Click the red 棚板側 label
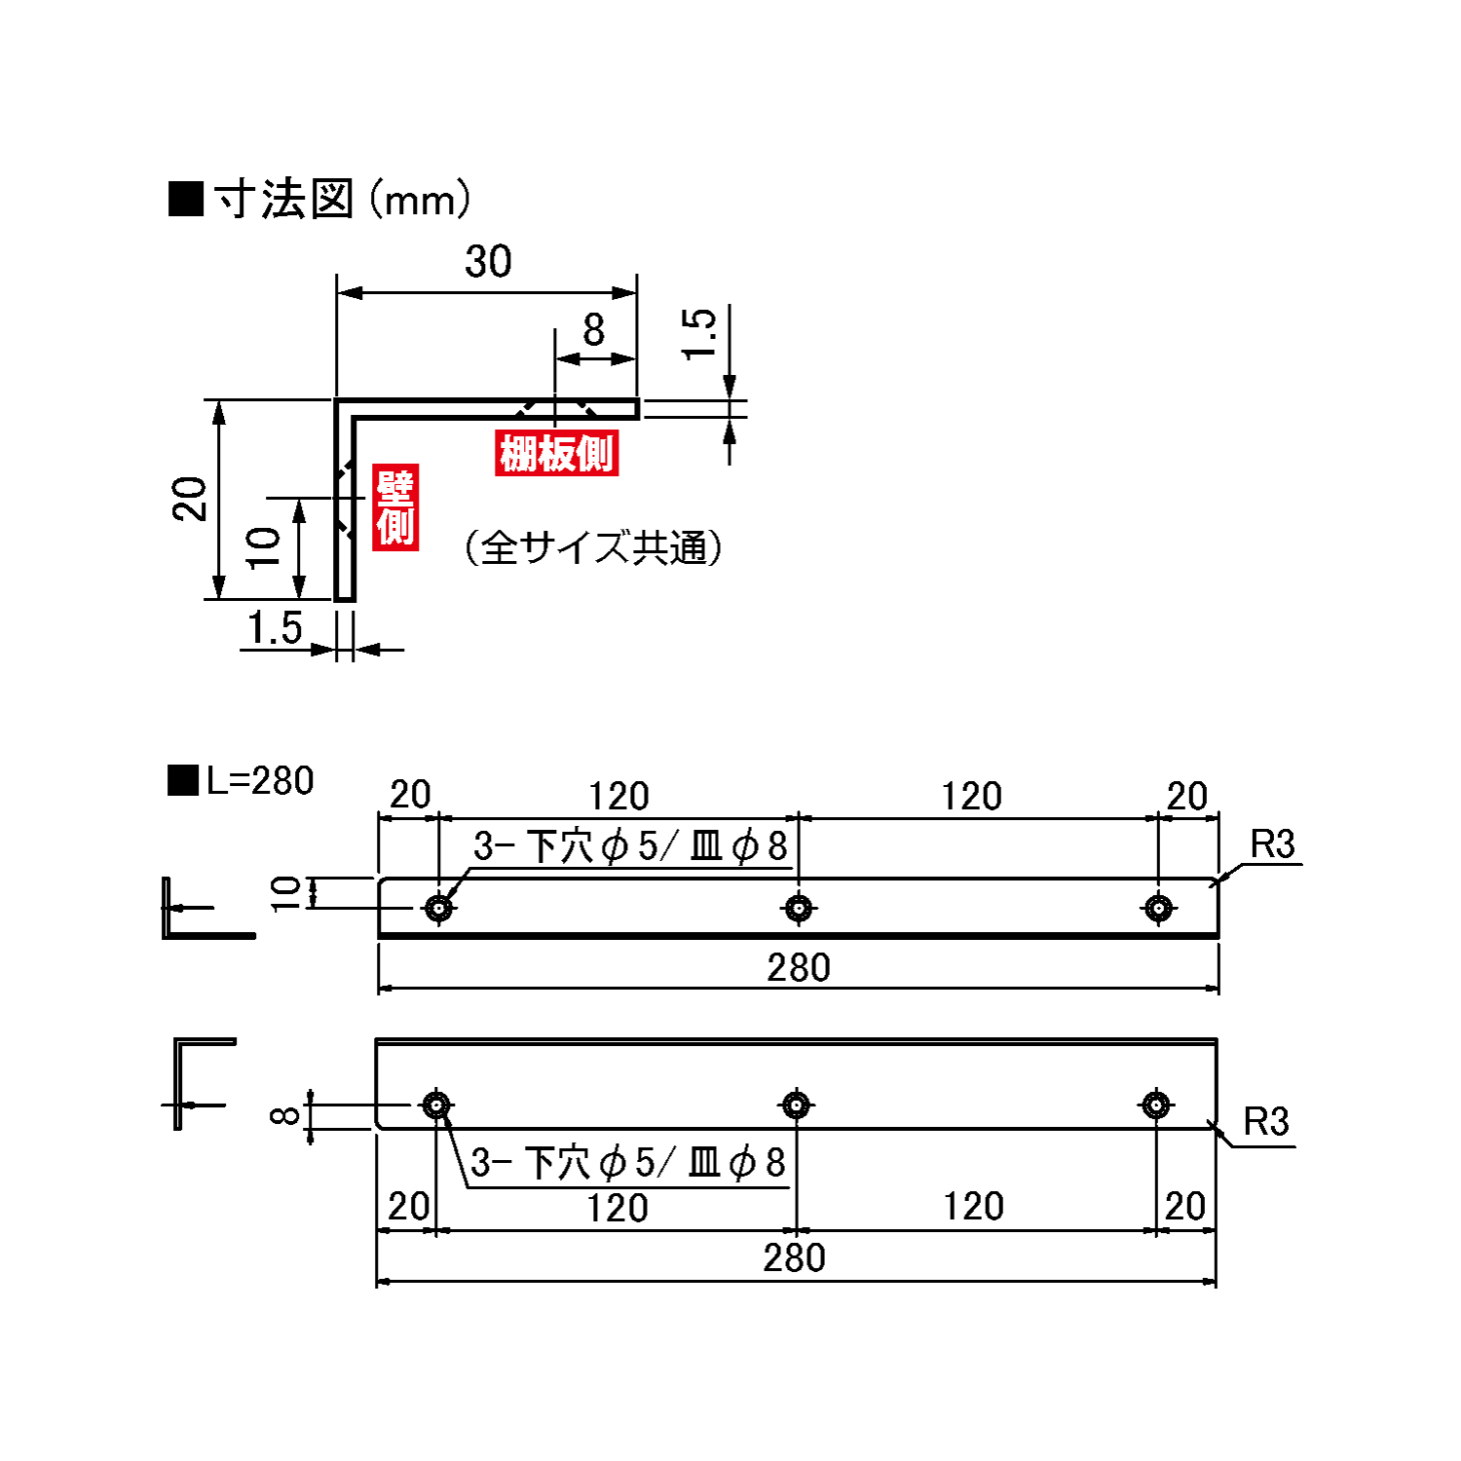(556, 453)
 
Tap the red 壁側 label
(395, 506)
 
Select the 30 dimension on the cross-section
(488, 261)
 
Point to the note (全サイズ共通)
(593, 547)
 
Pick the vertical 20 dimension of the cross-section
(190, 499)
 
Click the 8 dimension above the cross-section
(593, 330)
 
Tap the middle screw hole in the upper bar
(799, 908)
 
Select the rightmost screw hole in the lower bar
(1156, 1105)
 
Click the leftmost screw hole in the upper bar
(439, 908)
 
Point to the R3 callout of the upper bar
(1272, 844)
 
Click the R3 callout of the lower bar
(1266, 1122)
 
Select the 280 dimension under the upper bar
(799, 967)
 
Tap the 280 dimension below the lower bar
(795, 1257)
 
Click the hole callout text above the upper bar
(630, 846)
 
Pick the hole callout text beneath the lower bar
(627, 1162)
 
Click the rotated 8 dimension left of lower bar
(284, 1114)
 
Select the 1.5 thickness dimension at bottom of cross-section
(275, 628)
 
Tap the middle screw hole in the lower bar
(797, 1105)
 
